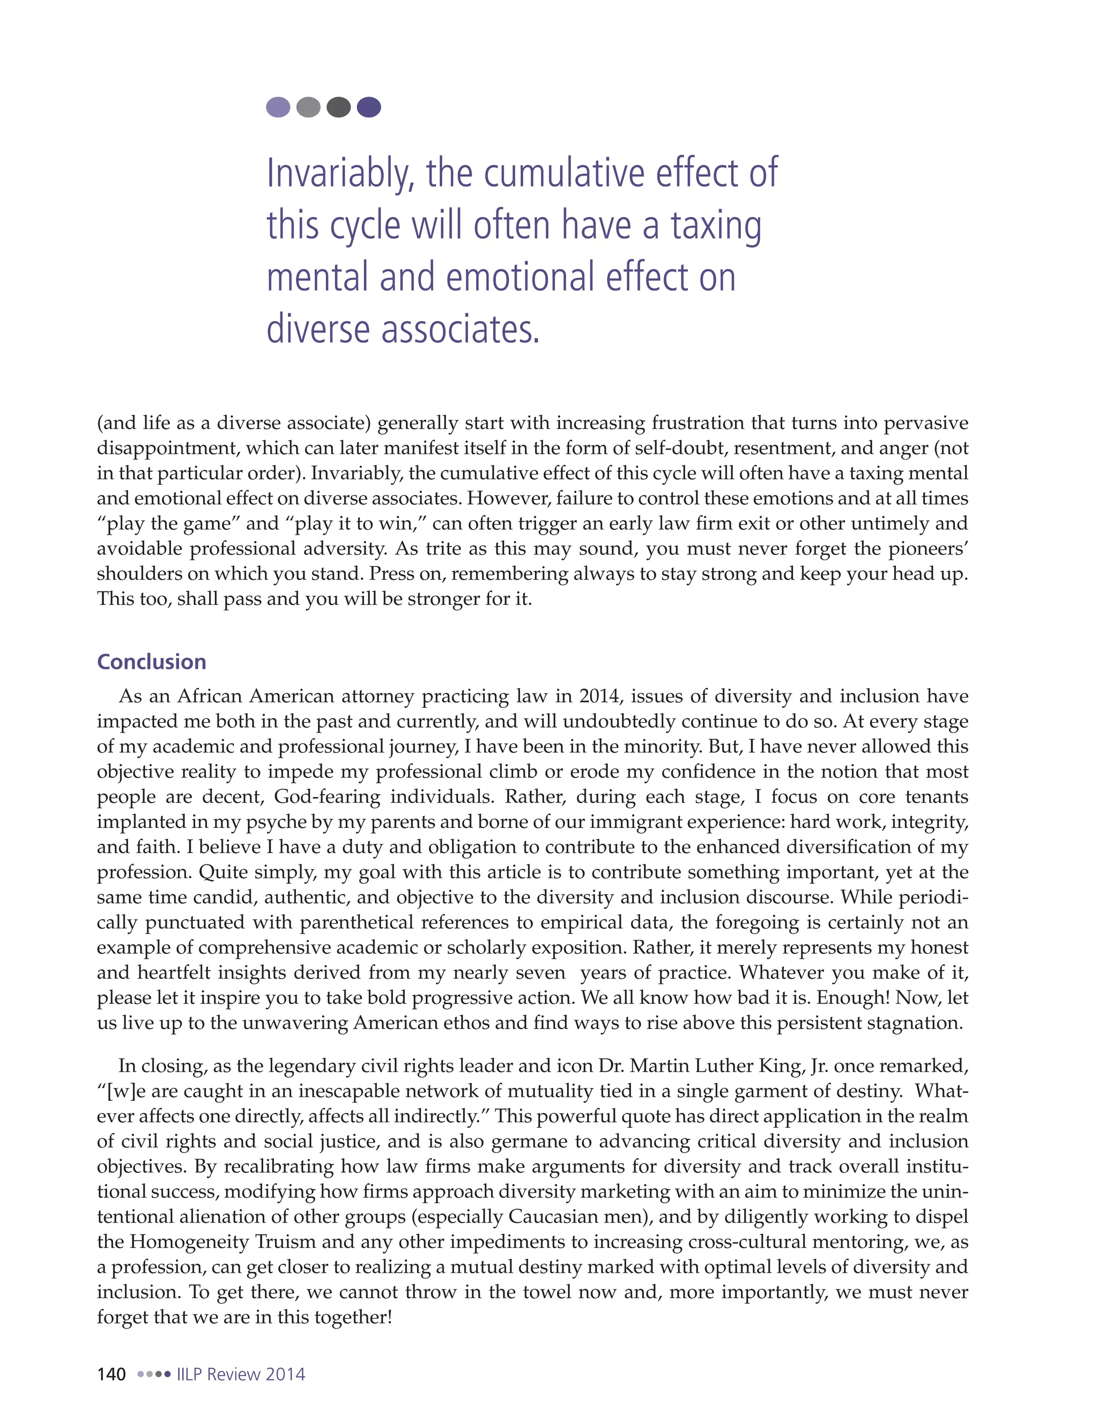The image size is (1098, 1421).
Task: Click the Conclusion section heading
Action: click(152, 662)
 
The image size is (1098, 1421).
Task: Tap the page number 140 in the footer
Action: click(111, 1374)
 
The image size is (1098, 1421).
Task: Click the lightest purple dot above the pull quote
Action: click(278, 107)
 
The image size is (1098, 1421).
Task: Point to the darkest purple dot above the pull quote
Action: click(369, 107)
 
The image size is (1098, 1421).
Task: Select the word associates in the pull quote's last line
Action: click(460, 329)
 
